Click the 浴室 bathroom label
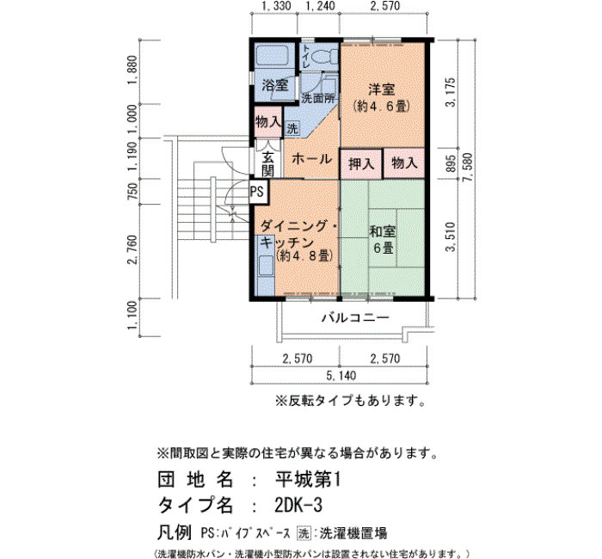275,85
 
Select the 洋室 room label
382,89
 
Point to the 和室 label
383,231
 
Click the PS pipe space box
259,191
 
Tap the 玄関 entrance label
267,164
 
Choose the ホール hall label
311,158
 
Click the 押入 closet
361,163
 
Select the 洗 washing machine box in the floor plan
292,128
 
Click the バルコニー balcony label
355,317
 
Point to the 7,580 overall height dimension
467,169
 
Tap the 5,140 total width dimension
341,376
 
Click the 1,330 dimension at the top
276,6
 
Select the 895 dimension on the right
451,163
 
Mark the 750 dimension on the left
132,191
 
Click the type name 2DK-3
298,506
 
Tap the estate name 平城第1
308,480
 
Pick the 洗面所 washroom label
318,98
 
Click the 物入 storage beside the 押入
404,163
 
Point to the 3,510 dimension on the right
451,236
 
